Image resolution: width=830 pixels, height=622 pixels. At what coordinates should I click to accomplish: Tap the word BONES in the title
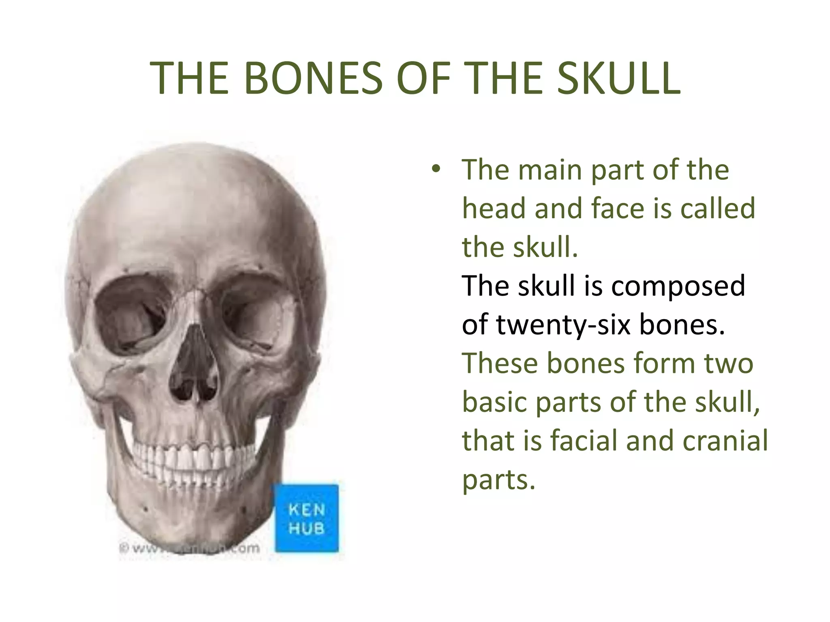pyautogui.click(x=313, y=79)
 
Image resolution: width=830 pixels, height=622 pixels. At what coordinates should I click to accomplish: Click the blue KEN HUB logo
pyautogui.click(x=307, y=518)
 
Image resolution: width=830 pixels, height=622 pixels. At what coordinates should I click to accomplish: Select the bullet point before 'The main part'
pyautogui.click(x=436, y=169)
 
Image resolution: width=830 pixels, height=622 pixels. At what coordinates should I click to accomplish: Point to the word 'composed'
pyautogui.click(x=678, y=286)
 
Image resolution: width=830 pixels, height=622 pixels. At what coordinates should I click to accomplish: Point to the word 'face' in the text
pyautogui.click(x=618, y=208)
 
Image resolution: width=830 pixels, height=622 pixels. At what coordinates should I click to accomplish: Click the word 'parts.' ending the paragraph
pyautogui.click(x=499, y=480)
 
